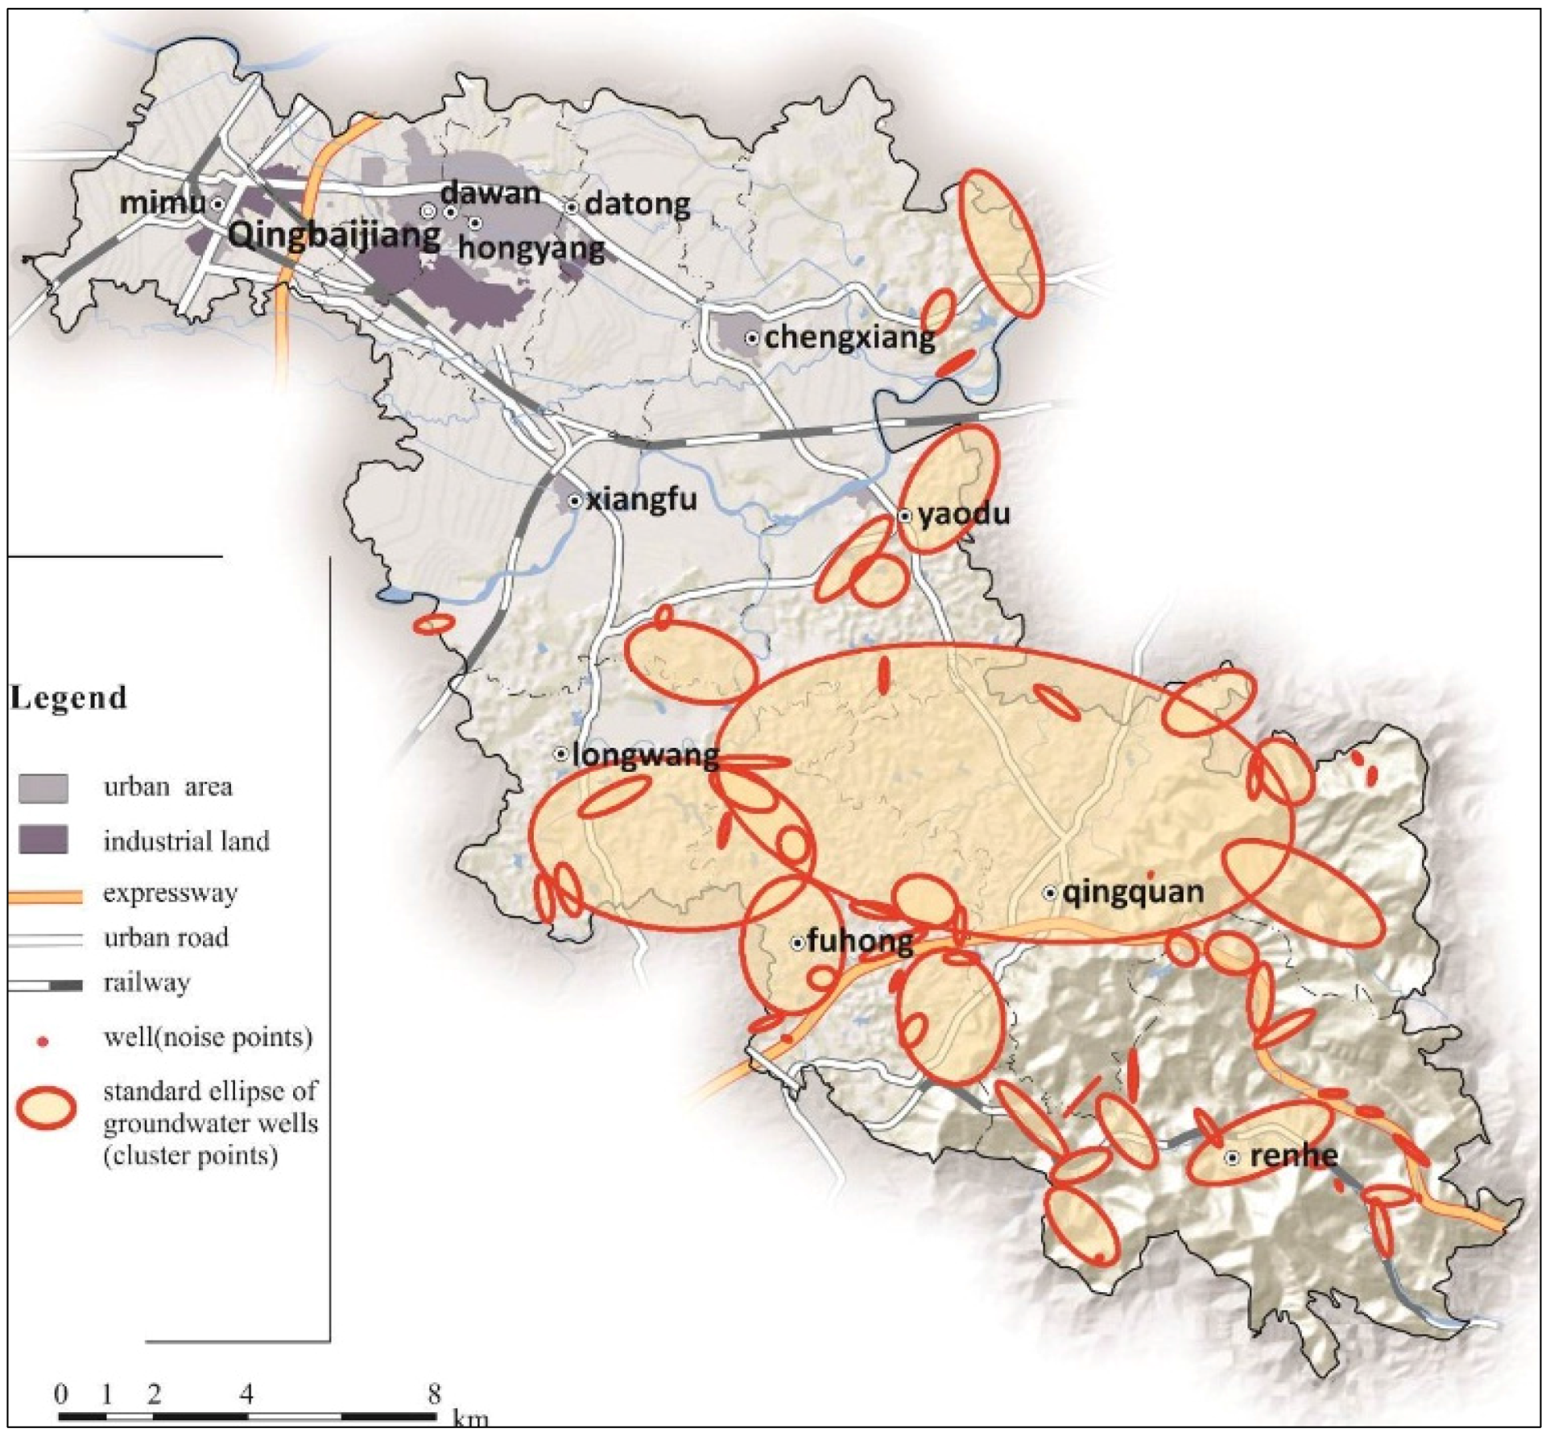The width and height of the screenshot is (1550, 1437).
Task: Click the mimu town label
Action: pos(162,203)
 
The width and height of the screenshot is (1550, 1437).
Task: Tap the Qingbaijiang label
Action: pos(334,234)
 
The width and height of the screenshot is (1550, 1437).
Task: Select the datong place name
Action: pos(637,204)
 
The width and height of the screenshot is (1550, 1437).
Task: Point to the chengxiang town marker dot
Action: pos(751,338)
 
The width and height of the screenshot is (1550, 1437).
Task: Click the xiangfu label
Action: pos(641,500)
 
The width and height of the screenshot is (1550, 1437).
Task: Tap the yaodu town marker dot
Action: pos(904,515)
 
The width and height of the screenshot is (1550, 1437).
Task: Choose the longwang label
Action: pos(645,755)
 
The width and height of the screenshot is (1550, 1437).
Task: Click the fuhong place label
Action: pos(860,940)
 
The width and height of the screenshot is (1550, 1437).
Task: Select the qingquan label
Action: pos(1133,892)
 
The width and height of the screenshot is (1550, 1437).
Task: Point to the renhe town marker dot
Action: pos(1232,1158)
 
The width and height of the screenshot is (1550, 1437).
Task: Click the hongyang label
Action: pos(531,247)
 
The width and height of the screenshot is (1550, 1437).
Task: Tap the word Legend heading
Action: pos(69,697)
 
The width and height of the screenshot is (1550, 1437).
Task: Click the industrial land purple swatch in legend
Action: pos(43,839)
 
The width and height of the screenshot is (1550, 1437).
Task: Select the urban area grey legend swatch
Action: pos(43,787)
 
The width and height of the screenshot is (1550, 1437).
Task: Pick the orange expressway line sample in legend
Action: pos(45,896)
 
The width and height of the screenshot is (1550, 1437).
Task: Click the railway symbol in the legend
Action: pos(45,985)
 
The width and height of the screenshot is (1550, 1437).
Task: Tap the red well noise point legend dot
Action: pos(43,1041)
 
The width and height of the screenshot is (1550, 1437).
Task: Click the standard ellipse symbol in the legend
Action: pos(46,1109)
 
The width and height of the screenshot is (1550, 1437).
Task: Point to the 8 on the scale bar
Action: pos(434,1394)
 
